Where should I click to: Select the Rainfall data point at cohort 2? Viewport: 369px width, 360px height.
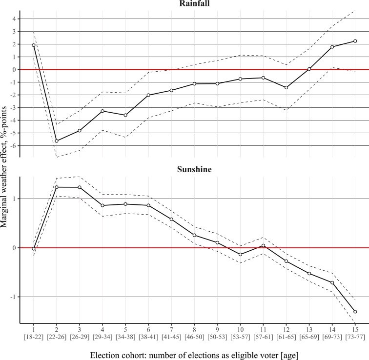[57, 141]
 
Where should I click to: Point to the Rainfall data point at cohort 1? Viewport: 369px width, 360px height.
[34, 45]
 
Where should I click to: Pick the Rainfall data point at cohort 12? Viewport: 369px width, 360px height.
[286, 88]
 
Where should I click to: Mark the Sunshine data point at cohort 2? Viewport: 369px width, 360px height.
[57, 187]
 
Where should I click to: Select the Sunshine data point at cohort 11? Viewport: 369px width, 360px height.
[263, 245]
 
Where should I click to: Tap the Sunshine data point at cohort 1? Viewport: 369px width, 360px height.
[34, 249]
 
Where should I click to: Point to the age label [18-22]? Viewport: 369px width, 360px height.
[34, 336]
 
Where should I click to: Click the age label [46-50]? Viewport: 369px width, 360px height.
[194, 336]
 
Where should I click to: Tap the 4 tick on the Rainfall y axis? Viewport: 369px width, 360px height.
[15, 19]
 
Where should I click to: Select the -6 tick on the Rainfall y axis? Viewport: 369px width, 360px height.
[14, 146]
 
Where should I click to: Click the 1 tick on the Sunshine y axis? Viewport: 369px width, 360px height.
[15, 199]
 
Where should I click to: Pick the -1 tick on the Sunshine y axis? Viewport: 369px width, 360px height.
[14, 297]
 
